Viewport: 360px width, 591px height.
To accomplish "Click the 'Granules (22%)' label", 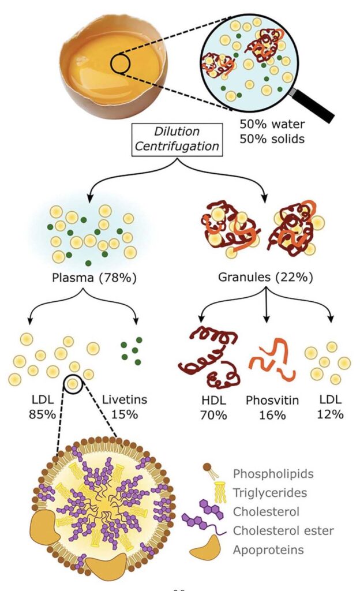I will coord(266,277).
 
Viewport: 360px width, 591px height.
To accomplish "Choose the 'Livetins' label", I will coord(129,399).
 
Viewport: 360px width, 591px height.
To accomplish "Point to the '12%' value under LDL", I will coord(332,414).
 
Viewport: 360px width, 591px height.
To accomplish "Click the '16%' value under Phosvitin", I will coord(272,414).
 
